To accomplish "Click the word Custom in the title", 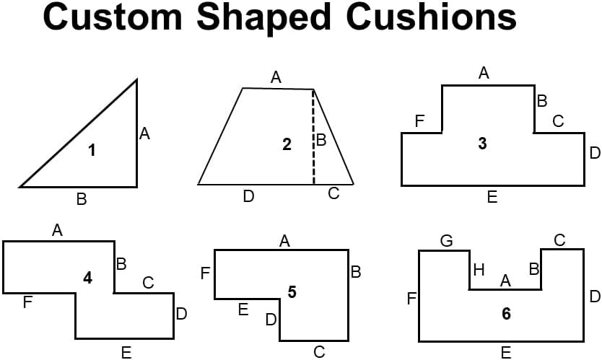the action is [113, 17].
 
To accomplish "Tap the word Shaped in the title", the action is [263, 19].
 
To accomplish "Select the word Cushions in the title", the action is [431, 17].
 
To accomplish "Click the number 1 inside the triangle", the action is [92, 150].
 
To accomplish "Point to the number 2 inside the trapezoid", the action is [287, 144].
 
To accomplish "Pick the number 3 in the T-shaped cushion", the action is [483, 143].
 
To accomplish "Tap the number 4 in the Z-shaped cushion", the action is [88, 278].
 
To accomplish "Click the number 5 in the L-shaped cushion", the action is [292, 292].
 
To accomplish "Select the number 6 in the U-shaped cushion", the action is [507, 314].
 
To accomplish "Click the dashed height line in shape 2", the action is [314, 137].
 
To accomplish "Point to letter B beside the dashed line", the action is [321, 140].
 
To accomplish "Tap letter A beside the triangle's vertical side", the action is [145, 133].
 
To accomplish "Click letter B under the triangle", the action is [82, 199].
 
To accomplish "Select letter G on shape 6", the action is [447, 241].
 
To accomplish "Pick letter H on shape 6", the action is [479, 270].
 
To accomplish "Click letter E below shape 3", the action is [492, 197].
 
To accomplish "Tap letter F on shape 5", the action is [205, 273].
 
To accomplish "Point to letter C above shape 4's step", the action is [148, 283].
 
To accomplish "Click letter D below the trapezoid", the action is [249, 196].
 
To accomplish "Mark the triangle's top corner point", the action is [136, 80].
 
